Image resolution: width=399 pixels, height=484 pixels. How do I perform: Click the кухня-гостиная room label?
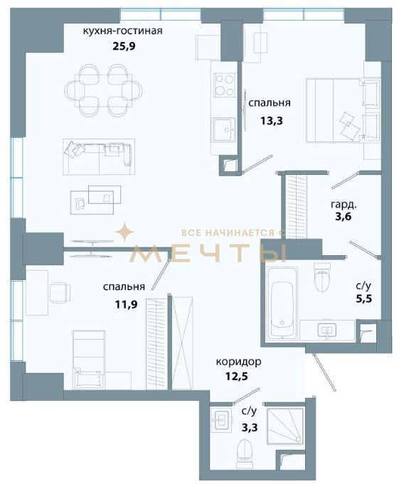pos(122,31)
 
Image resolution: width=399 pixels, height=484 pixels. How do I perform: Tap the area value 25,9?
pos(124,47)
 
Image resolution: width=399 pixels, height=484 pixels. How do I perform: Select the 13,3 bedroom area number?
pos(272,121)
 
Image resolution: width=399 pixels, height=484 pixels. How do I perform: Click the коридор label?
pos(238,362)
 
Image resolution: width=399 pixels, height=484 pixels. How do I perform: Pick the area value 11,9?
pos(126,305)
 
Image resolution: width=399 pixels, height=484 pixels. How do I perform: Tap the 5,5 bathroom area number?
pos(363,299)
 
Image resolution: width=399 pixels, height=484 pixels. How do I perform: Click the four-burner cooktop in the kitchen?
pos(224,85)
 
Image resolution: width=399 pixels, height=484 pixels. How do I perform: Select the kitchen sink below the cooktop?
pos(223,129)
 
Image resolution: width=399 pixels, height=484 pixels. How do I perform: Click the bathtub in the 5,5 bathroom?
pos(282,303)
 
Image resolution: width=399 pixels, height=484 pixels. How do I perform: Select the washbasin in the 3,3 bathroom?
pos(221,419)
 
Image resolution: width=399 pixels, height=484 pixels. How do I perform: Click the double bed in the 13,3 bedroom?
pos(343,110)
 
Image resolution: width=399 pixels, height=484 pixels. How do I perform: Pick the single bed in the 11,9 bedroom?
pos(89,360)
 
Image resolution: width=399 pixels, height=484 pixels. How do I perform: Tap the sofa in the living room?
pos(99,156)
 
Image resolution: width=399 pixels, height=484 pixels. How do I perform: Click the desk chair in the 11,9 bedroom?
pos(60,292)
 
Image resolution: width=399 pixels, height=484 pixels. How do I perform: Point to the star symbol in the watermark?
pos(124,232)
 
